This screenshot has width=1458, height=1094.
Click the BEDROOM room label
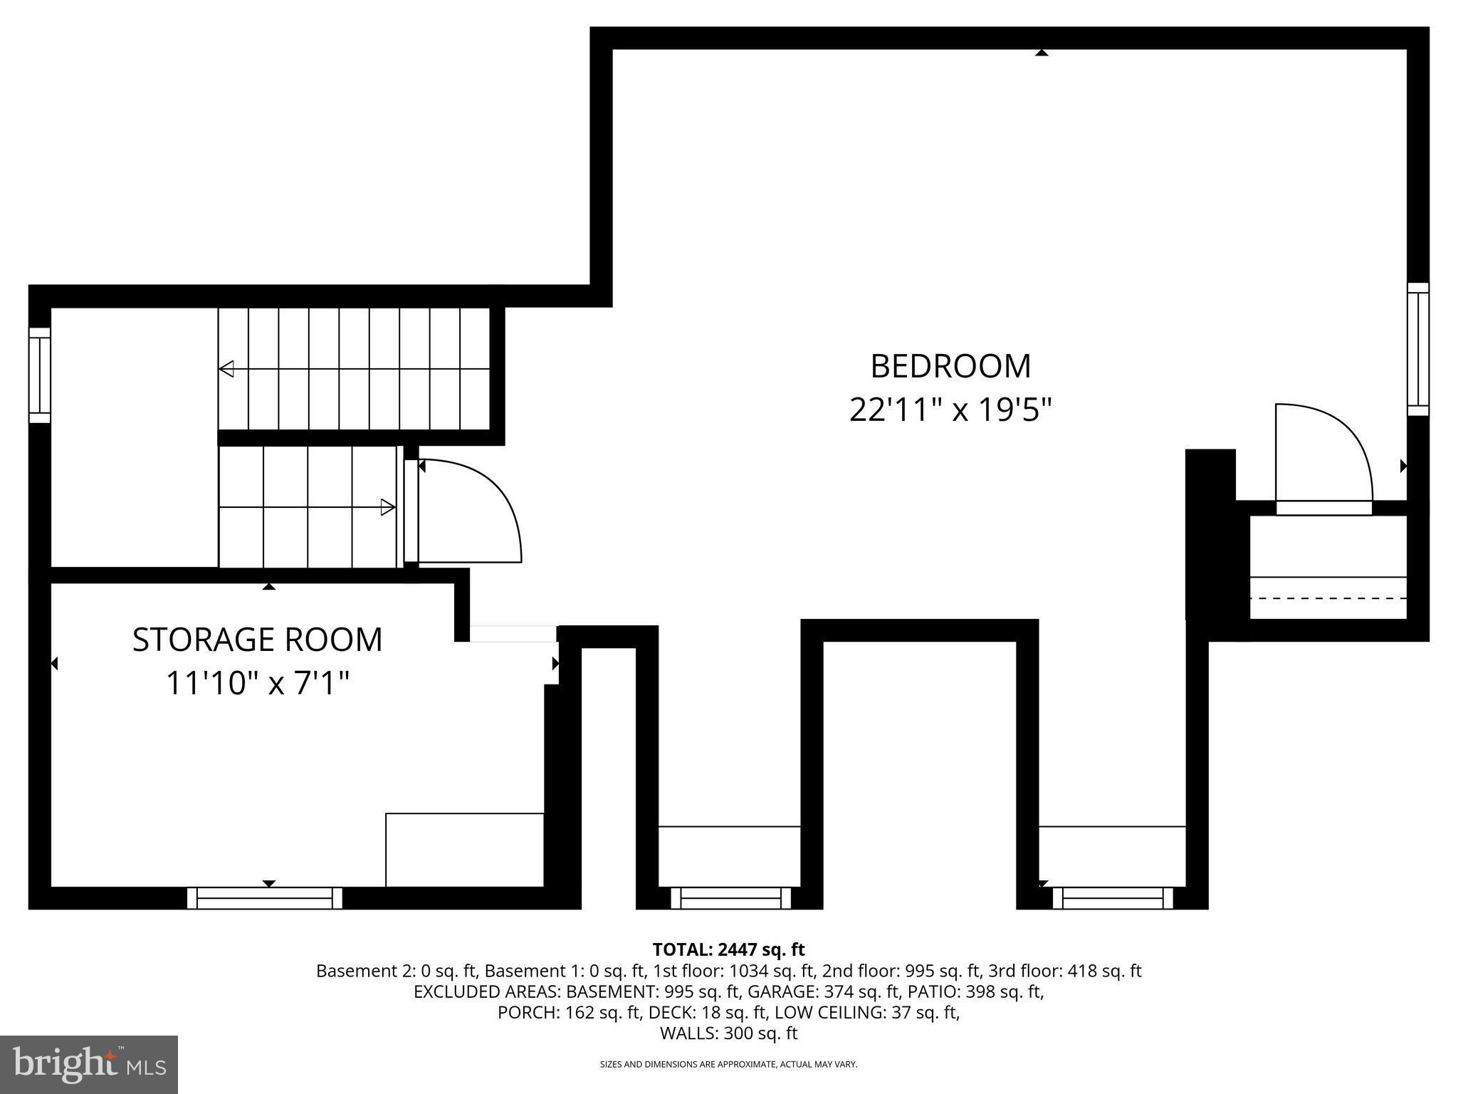click(x=950, y=366)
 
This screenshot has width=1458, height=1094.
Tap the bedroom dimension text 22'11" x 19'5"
click(x=950, y=410)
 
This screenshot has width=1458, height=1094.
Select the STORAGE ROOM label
click(x=257, y=640)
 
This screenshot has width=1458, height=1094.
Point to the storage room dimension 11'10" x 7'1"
click(x=257, y=684)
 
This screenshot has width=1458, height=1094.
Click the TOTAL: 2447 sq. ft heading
click(x=728, y=949)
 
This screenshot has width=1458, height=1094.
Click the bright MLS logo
click(x=89, y=1064)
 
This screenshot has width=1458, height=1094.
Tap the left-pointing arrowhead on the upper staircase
click(x=226, y=369)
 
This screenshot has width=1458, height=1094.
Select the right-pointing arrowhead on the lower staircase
click(x=388, y=507)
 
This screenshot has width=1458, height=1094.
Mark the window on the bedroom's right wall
click(x=1418, y=349)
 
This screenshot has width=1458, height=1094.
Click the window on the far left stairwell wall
click(x=40, y=375)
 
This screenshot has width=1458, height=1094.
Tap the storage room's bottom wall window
click(x=265, y=898)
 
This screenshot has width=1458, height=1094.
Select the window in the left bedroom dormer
click(x=731, y=898)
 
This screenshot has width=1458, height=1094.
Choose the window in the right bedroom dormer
click(x=1113, y=898)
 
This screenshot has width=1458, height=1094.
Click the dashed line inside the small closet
click(x=1328, y=598)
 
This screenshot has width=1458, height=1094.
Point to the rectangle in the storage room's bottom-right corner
click(x=465, y=850)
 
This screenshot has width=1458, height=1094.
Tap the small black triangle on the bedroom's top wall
click(x=1042, y=52)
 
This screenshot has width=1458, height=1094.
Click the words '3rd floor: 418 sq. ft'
click(x=1065, y=971)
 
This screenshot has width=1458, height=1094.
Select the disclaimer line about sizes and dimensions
click(x=728, y=1064)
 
